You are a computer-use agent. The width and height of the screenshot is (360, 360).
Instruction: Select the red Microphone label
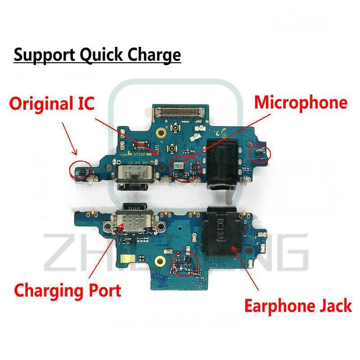tap(301, 103)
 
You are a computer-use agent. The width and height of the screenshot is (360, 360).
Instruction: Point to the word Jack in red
tap(333, 306)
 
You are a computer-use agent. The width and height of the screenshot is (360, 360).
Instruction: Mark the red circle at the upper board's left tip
tap(81, 170)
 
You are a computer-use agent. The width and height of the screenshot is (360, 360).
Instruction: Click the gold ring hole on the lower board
tap(158, 261)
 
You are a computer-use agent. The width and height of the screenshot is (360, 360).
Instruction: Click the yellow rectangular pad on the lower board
tap(124, 260)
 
